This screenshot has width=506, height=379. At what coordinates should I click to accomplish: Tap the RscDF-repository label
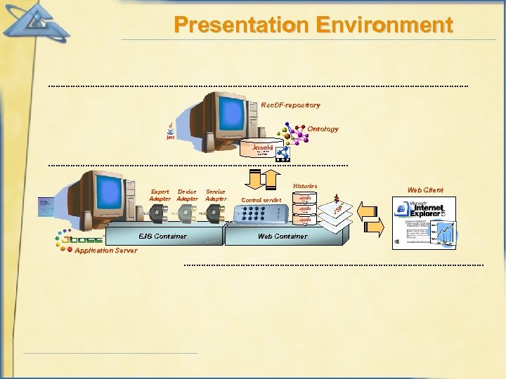pyautogui.click(x=290, y=105)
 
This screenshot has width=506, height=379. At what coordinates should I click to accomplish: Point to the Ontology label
pyautogui.click(x=323, y=129)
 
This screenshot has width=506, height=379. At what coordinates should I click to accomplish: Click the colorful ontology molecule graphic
pyautogui.click(x=296, y=134)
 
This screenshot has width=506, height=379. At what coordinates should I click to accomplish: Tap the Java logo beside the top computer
pyautogui.click(x=171, y=131)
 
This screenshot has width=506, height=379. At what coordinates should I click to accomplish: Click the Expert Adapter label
pyautogui.click(x=160, y=195)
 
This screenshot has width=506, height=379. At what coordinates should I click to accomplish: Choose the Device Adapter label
pyautogui.click(x=187, y=195)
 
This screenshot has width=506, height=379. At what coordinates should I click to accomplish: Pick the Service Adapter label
pyautogui.click(x=216, y=195)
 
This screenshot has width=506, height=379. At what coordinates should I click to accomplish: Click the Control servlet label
pyautogui.click(x=261, y=200)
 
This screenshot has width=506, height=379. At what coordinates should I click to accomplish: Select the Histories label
pyautogui.click(x=304, y=186)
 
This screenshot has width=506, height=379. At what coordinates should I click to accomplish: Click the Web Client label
pyautogui.click(x=425, y=190)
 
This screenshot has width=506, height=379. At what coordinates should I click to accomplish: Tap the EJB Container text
pyautogui.click(x=162, y=237)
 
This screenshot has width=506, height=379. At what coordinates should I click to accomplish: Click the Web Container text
pyautogui.click(x=283, y=237)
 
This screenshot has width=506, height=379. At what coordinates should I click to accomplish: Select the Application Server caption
pyautogui.click(x=105, y=251)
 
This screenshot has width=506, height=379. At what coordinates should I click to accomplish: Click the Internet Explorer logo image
pyautogui.click(x=420, y=208)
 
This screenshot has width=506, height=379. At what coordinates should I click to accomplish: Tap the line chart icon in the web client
pyautogui.click(x=445, y=232)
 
